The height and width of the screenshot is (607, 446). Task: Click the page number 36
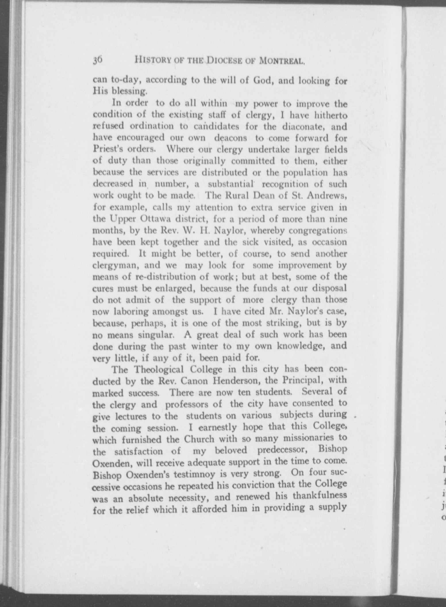pos(97,60)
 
